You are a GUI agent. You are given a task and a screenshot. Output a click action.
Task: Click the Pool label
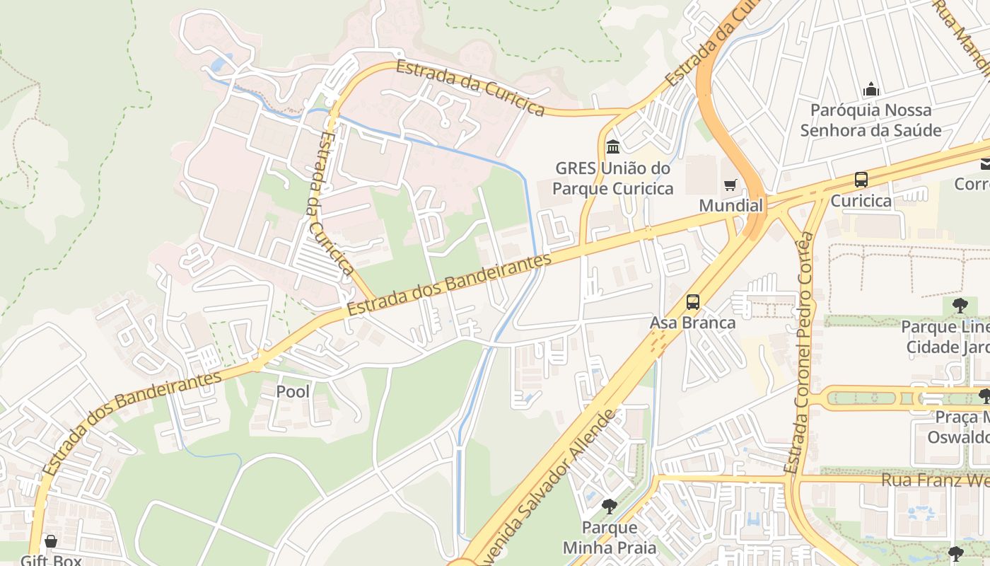tap(293, 391)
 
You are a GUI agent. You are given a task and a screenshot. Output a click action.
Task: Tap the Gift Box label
tap(51, 560)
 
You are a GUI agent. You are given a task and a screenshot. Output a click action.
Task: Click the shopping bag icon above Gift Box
tap(51, 542)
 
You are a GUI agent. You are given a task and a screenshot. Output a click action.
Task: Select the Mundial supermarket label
tap(731, 205)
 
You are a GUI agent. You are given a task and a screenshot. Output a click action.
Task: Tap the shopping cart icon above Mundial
tap(730, 185)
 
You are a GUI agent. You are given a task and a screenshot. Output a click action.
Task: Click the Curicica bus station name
tap(861, 200)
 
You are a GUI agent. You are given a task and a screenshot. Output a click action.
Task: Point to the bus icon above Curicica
tap(861, 180)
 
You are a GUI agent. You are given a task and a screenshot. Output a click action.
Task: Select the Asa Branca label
tap(692, 323)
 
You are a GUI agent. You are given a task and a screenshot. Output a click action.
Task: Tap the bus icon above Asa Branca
tap(693, 302)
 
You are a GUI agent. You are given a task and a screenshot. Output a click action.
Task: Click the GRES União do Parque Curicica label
tap(612, 178)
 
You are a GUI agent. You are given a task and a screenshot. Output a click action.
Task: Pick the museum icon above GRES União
tap(613, 147)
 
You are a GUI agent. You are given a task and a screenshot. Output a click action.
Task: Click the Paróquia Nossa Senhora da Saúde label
tap(870, 120)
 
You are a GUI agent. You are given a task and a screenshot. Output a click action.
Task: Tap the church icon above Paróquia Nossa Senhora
tap(871, 89)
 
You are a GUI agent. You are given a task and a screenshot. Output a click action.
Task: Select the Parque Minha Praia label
tap(610, 538)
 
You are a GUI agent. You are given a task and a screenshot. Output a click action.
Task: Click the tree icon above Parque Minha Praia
tap(610, 507)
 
